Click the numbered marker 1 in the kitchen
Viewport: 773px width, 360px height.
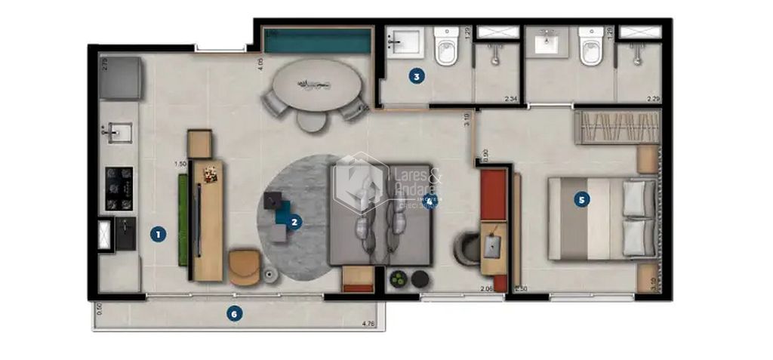[x=157, y=234]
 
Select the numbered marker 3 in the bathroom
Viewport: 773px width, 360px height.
[x=415, y=75]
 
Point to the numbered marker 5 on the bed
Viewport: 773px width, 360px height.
[x=581, y=200]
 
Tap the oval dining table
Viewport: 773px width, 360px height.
[x=317, y=84]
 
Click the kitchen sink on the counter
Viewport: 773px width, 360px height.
[x=117, y=133]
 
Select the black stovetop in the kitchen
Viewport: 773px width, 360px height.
[x=119, y=189]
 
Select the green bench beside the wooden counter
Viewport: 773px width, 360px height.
[x=183, y=220]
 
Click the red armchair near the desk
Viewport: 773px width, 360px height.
[x=494, y=195]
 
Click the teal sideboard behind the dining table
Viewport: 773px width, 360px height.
[x=317, y=41]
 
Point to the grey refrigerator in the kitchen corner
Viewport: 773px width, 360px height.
[x=121, y=78]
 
